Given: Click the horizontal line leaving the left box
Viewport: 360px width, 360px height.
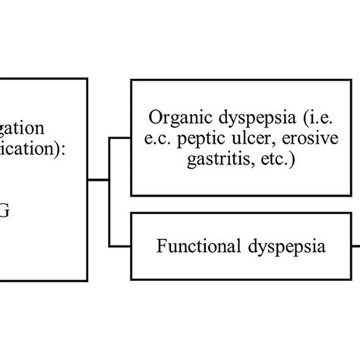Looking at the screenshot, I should click(x=98, y=179).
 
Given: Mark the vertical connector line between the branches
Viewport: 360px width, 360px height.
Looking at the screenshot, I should click(x=111, y=213).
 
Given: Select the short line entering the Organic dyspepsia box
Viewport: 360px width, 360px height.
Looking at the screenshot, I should click(x=121, y=139).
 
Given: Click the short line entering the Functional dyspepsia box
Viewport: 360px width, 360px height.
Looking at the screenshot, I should click(x=121, y=245).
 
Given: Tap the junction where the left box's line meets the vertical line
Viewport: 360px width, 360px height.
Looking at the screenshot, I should click(x=111, y=179).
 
